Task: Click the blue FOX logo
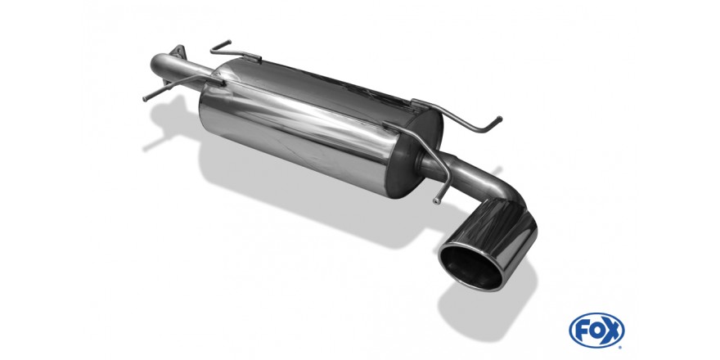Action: pyautogui.click(x=596, y=331)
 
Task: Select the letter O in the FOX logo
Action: pyautogui.click(x=596, y=331)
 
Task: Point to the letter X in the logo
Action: pyautogui.click(x=613, y=331)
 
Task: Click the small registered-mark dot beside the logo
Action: pyautogui.click(x=622, y=345)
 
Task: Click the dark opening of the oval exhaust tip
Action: pyautogui.click(x=471, y=267)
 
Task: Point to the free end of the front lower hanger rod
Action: pyautogui.click(x=146, y=99)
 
